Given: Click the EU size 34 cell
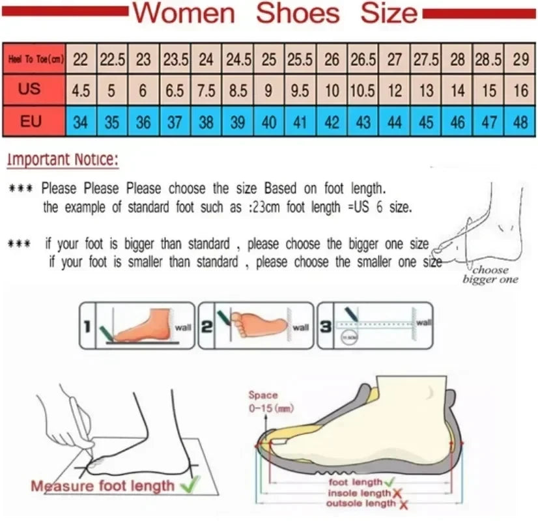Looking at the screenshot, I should pyautogui.click(x=81, y=122).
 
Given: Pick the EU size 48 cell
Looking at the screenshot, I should pyautogui.click(x=520, y=122).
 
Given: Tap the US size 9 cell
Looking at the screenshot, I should pyautogui.click(x=269, y=91).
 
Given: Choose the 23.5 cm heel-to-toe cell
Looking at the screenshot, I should pyautogui.click(x=175, y=60).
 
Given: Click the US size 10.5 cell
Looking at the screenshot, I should pyautogui.click(x=363, y=91).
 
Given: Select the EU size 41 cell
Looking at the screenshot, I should pyautogui.click(x=300, y=122).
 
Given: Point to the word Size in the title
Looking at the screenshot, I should pyautogui.click(x=389, y=13).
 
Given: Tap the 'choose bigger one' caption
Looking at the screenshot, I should pyautogui.click(x=490, y=274).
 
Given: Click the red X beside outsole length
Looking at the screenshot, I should pyautogui.click(x=404, y=504).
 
